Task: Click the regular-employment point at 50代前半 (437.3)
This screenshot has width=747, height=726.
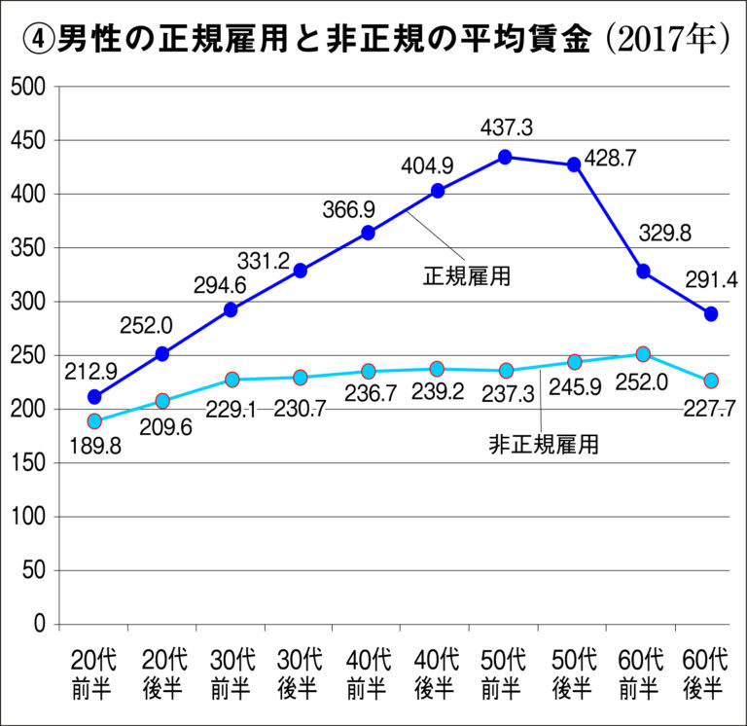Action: coord(506,157)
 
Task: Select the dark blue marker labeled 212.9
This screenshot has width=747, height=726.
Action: coord(94,397)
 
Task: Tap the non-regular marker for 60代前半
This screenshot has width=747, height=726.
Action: coord(643,354)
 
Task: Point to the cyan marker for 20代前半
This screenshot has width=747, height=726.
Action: coord(94,421)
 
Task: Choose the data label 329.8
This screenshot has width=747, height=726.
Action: coord(666,234)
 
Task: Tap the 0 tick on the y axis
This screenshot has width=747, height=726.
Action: coord(41,624)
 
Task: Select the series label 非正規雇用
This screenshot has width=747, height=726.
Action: coord(543,446)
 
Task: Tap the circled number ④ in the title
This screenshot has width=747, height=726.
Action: coord(36,38)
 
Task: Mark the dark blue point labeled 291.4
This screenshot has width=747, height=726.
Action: coord(711,314)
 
